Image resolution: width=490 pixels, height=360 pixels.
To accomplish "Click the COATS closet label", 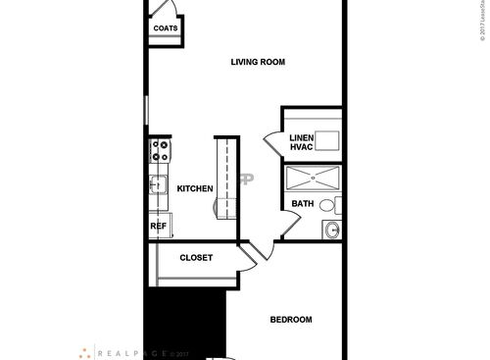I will (x=164, y=28).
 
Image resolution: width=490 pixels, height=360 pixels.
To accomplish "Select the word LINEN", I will (x=301, y=136).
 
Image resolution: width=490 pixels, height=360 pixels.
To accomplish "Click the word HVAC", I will (x=301, y=147).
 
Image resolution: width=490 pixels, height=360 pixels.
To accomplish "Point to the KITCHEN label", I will (x=195, y=188).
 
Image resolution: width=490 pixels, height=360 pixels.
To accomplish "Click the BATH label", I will (x=302, y=204).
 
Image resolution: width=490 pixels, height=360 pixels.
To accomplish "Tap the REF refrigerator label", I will (x=158, y=226).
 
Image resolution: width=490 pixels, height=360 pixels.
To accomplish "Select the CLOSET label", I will (x=196, y=258).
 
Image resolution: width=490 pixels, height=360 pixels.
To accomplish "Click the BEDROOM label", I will (x=291, y=320).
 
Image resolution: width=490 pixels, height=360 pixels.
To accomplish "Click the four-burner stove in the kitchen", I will (x=159, y=151).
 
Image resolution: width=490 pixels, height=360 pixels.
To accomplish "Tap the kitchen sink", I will (x=158, y=185).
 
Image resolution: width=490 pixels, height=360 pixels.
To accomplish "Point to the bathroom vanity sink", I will (x=332, y=230).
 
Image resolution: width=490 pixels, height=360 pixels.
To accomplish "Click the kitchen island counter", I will (x=226, y=177).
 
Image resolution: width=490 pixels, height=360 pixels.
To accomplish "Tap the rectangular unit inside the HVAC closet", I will (x=327, y=140).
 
